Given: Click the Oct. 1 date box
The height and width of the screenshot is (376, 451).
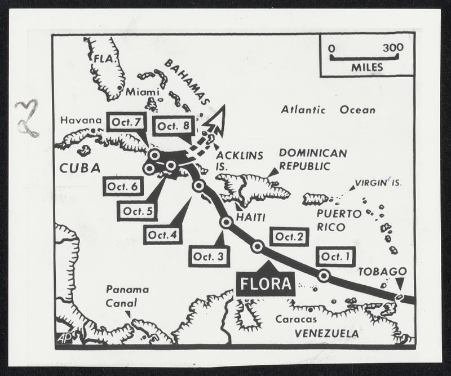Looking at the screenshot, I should tap(335, 256).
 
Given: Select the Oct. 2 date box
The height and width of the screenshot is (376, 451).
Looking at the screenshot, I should tap(289, 237).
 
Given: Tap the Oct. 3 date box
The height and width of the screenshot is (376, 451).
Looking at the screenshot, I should tap(209, 256).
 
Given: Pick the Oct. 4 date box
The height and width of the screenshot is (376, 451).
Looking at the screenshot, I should tap(162, 234).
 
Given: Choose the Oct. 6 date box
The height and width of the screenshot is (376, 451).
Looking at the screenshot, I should tap(123, 186).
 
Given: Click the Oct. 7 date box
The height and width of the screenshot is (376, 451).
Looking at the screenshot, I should tap(126, 122).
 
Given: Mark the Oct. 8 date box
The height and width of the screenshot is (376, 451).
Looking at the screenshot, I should tap(173, 126).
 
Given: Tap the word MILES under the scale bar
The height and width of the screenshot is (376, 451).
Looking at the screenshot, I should tap(366, 68).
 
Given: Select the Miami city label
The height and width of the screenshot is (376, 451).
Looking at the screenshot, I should tap(139, 91).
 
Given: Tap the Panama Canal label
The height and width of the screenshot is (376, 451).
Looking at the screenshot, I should tap(127, 296).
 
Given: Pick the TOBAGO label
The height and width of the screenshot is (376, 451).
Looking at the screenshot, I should tap(382, 271).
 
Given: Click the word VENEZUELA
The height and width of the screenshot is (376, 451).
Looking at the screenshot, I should tap(326, 333).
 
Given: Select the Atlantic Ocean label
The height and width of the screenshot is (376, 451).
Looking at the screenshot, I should tap(328, 110).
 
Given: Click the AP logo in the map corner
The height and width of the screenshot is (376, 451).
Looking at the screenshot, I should tap(64, 338).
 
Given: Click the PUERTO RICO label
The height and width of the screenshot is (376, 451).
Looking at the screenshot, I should tap(339, 220).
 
